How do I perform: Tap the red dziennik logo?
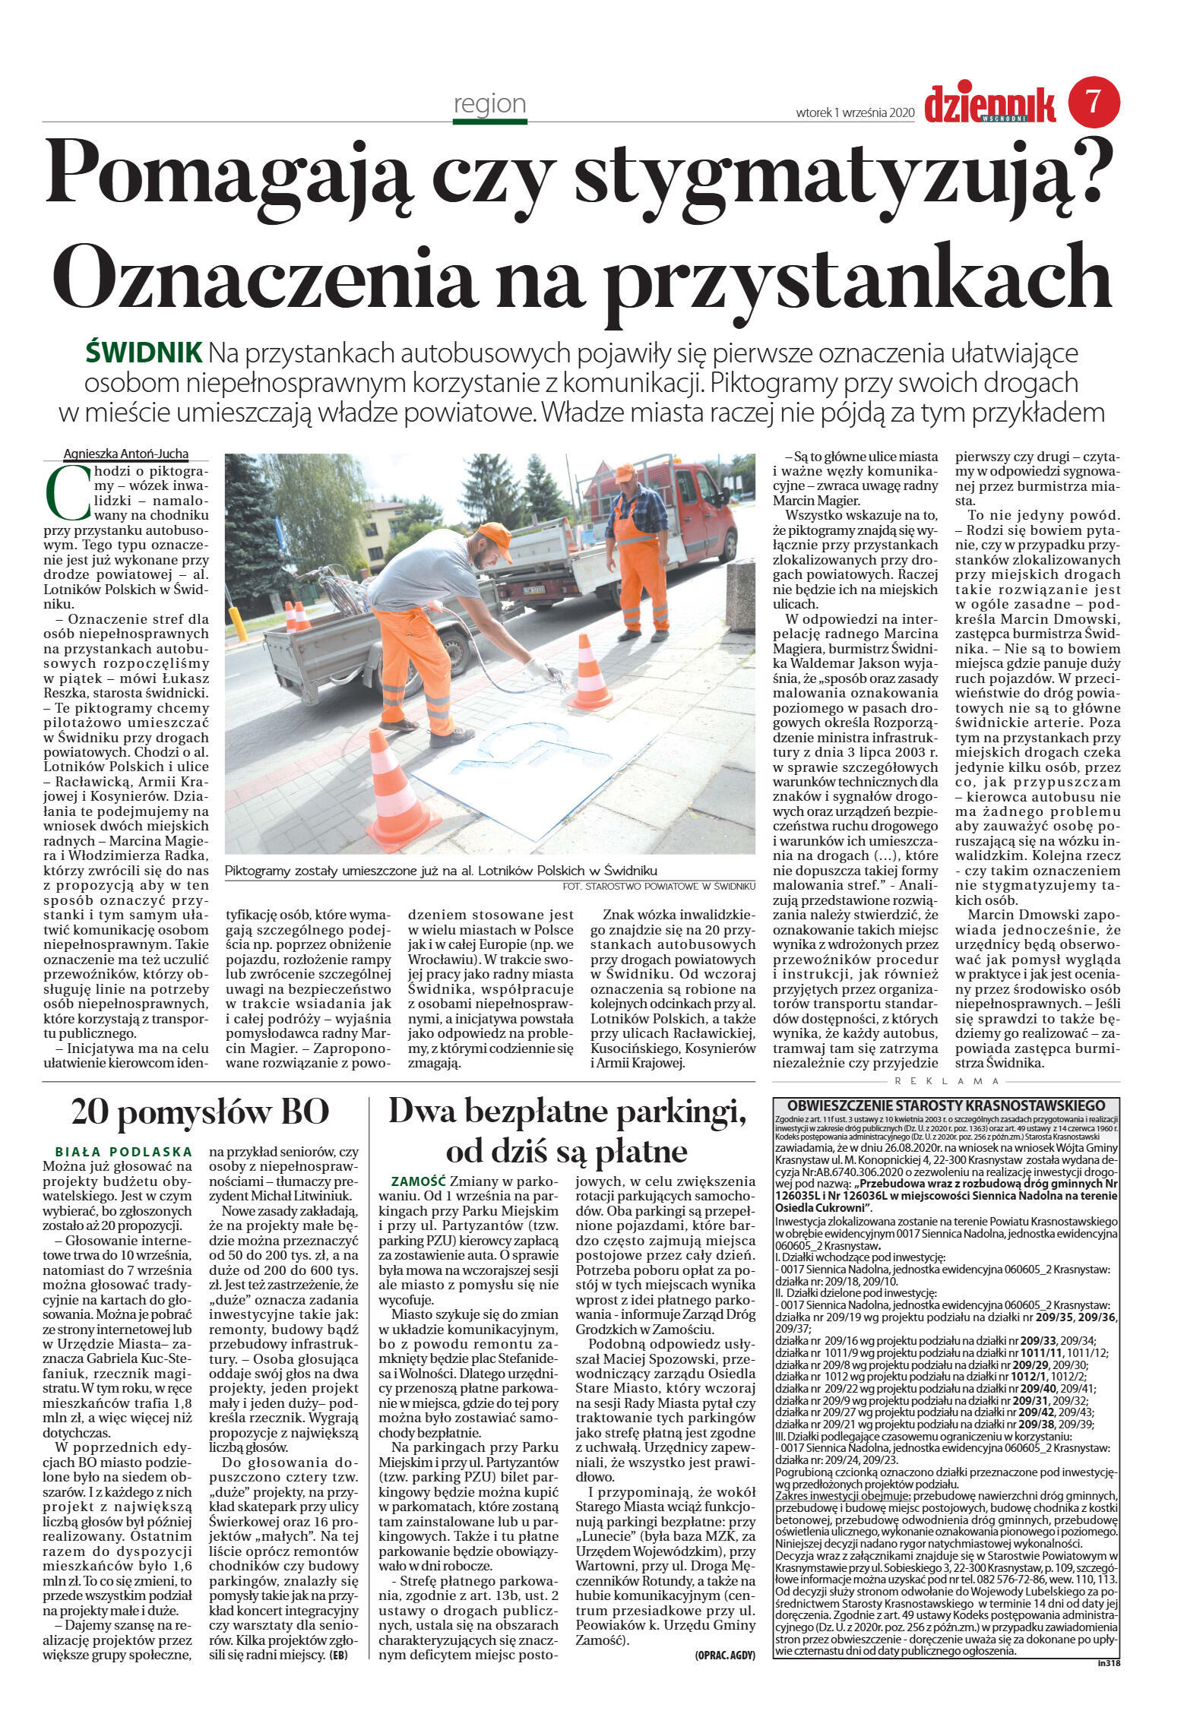[x=989, y=104]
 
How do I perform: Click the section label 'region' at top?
[x=489, y=103]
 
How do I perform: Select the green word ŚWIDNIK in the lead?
[x=144, y=353]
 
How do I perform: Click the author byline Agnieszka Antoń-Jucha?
[x=125, y=454]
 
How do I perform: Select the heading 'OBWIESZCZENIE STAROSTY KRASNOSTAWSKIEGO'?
[x=945, y=1105]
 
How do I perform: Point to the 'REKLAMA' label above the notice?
[x=947, y=1080]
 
